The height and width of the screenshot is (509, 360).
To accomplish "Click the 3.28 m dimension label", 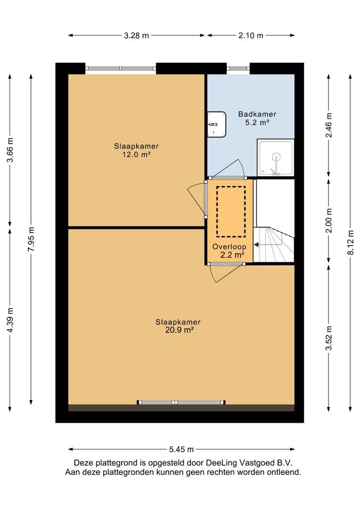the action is point(136,35).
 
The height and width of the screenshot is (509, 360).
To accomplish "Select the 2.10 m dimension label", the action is point(251,35).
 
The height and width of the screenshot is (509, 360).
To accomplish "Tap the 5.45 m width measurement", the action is point(181,449).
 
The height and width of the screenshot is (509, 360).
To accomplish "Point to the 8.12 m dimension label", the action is point(350,242).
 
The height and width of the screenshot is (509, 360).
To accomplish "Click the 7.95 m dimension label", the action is point(31,239).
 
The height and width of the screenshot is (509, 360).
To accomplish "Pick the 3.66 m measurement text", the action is point(10,150).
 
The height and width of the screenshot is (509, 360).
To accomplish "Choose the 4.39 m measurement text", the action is point(10,320).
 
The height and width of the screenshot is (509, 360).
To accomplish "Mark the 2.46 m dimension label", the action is point(329,125).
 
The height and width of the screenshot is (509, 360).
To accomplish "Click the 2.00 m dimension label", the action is point(329,221).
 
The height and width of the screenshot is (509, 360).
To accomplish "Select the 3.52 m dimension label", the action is point(329,338).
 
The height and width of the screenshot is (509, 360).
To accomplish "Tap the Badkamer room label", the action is point(257,114).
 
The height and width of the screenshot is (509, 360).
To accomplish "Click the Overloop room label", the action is point(229,246).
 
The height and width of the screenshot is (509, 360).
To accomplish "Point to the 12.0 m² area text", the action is point(136,155).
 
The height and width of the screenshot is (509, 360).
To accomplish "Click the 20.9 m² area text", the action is point(180,330).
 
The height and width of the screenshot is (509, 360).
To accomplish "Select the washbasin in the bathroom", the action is point(217,124).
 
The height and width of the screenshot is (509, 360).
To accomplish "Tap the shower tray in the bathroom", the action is point(276,157).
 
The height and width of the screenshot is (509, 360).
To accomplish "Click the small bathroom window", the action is point(238,68).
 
